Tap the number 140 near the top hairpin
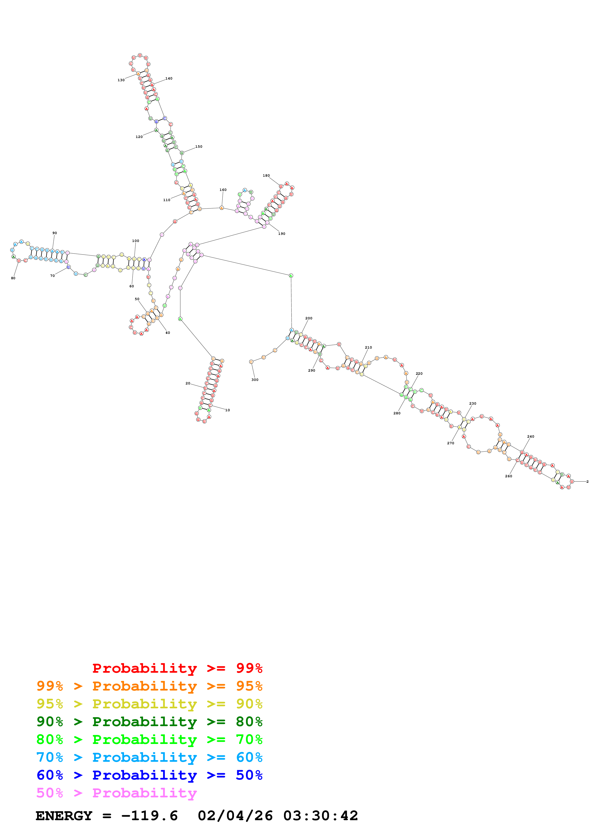(x=169, y=78)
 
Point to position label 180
(x=266, y=175)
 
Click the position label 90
(x=54, y=233)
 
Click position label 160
(x=223, y=190)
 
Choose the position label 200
(x=308, y=318)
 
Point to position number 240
(x=531, y=436)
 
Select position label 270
(x=450, y=443)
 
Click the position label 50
(x=137, y=299)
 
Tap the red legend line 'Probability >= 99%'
(x=177, y=668)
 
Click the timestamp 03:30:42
(x=321, y=816)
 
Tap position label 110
(x=167, y=200)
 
